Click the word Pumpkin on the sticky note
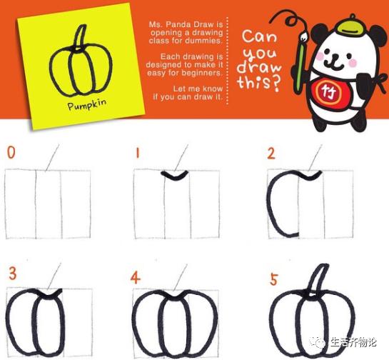[87, 104]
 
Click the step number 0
[11, 152]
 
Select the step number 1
[138, 152]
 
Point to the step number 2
[271, 154]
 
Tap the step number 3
[13, 274]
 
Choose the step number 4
[135, 278]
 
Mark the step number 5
[273, 279]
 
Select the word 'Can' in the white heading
[259, 36]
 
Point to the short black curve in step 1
[175, 175]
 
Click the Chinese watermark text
[353, 343]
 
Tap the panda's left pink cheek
[320, 56]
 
